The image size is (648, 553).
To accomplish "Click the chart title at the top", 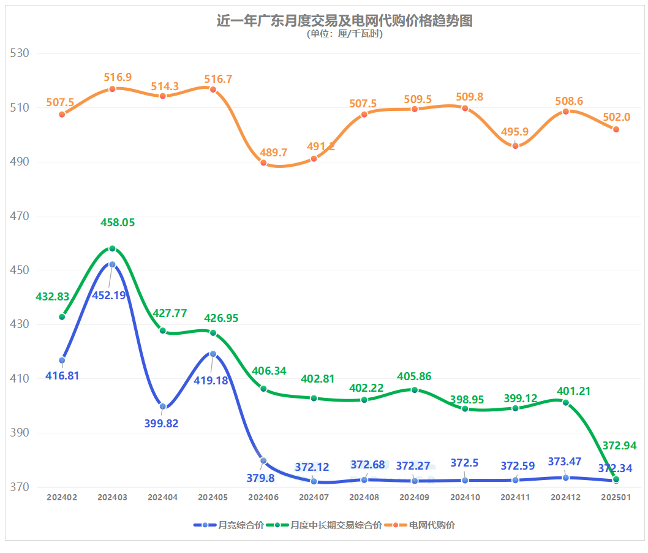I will click(x=344, y=21).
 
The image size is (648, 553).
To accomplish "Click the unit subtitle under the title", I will click(x=344, y=34).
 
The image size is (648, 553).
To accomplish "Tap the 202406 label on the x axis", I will click(x=263, y=498).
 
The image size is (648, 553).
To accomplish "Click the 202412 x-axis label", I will click(x=565, y=498).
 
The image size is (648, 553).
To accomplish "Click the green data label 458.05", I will click(x=118, y=223).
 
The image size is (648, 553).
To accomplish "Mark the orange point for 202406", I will click(x=263, y=162).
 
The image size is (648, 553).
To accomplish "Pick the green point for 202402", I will click(x=62, y=316).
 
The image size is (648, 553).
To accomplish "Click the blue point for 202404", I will click(x=163, y=406).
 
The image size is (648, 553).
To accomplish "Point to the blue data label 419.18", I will click(x=212, y=380).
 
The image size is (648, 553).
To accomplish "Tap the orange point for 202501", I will click(x=616, y=129).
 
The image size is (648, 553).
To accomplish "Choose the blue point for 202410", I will click(x=465, y=480).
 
